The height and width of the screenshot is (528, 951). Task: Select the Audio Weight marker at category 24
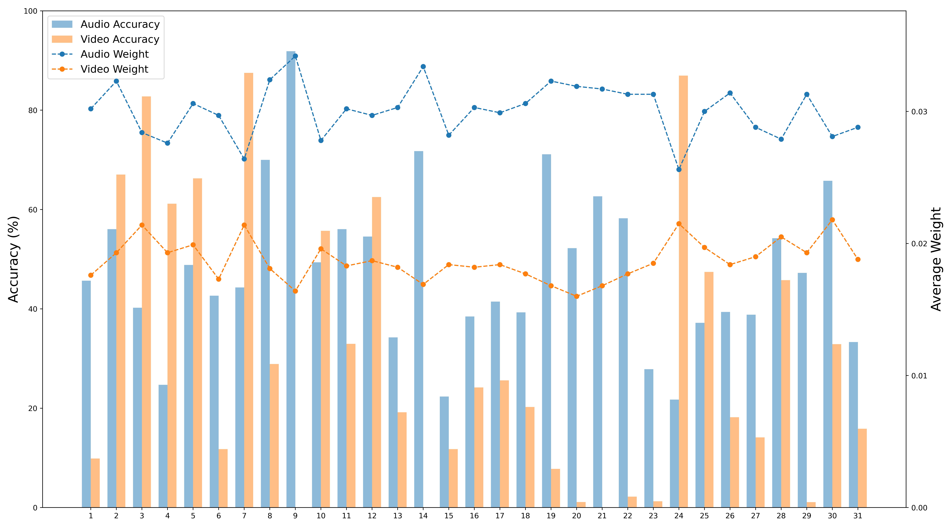[679, 169]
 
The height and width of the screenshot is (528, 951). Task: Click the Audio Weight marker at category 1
[91, 109]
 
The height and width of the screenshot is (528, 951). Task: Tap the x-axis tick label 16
[474, 516]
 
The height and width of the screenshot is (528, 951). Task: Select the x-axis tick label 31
[858, 516]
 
